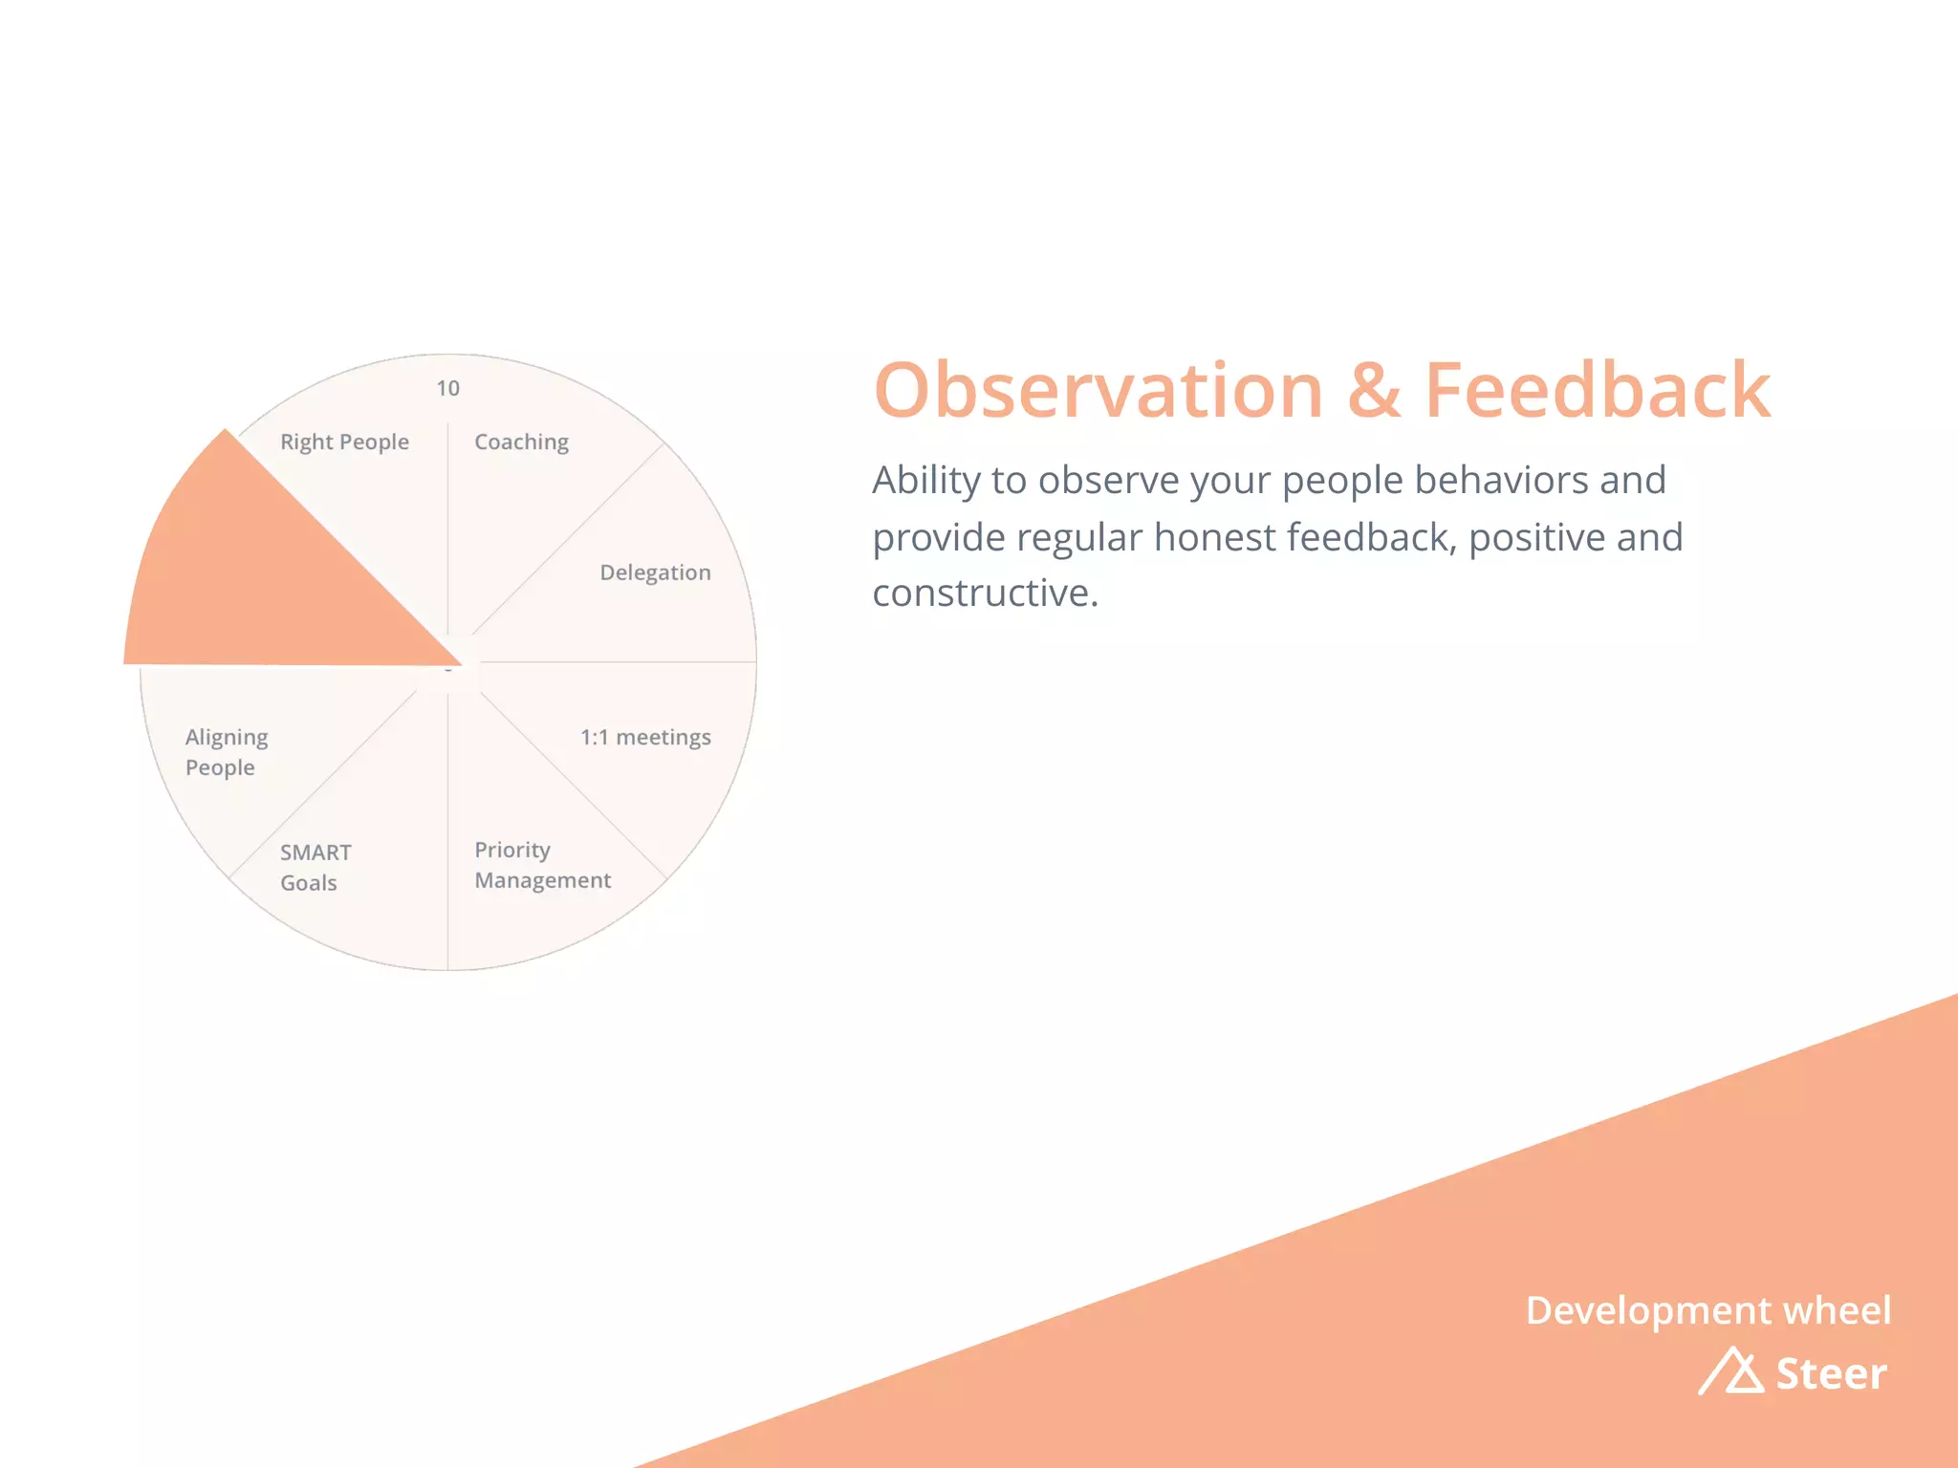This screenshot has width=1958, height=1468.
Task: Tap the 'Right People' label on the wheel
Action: point(344,443)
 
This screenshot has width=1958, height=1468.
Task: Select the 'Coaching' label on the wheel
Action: point(521,443)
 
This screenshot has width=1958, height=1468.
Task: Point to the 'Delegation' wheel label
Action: point(655,572)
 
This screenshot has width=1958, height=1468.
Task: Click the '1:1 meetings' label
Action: point(645,737)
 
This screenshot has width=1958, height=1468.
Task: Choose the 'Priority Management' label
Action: point(542,865)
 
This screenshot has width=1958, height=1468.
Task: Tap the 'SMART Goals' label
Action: point(315,867)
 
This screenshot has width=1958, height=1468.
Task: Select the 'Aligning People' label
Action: point(227,752)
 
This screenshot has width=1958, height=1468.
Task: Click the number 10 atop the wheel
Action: point(447,388)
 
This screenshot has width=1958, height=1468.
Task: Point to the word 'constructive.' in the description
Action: point(985,594)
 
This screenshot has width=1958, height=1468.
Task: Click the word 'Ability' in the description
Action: point(925,481)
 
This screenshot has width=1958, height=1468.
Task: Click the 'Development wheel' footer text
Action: point(1708,1310)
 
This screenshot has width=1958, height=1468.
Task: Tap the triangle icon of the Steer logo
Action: point(1731,1371)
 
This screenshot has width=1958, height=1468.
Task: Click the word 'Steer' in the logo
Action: point(1831,1373)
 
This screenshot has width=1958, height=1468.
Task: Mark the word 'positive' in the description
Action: point(1536,537)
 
